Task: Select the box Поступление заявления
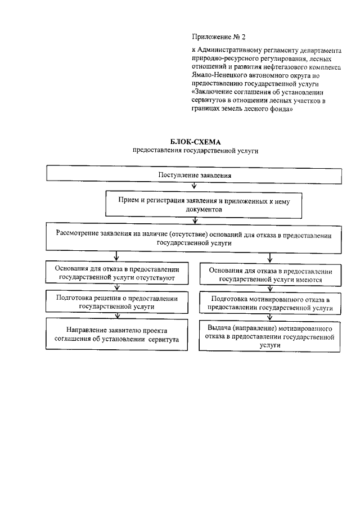tap(195, 175)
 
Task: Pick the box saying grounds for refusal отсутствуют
tap(116, 273)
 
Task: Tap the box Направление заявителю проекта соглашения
tap(116, 335)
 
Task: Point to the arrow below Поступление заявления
tap(194, 188)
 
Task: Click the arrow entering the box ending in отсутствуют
tap(116, 258)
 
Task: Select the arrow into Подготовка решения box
tap(116, 289)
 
